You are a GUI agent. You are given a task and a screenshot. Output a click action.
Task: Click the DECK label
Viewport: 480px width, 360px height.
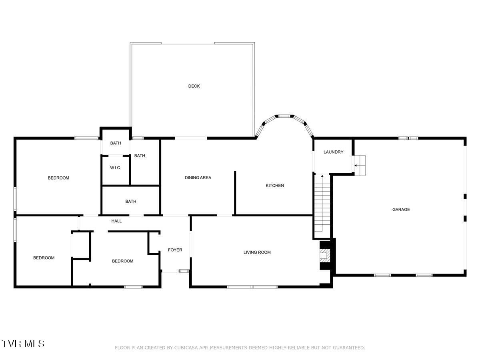tap(194, 86)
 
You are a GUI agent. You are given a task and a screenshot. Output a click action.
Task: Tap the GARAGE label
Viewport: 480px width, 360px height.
tap(401, 210)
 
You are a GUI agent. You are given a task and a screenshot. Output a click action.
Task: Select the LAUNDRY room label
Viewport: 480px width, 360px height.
tap(333, 152)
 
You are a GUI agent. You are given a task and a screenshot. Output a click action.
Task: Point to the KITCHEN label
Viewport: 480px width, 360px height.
tap(275, 186)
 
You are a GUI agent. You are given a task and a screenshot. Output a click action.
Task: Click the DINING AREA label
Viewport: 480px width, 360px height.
tap(198, 178)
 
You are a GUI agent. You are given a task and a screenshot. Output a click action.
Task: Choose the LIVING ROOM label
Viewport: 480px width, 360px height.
tap(257, 252)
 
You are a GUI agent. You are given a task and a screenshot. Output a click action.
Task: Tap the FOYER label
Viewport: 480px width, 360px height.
tap(175, 250)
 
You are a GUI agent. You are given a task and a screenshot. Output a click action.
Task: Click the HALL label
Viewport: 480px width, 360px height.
tap(116, 221)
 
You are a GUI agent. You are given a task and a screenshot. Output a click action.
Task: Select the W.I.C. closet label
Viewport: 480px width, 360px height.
tap(116, 168)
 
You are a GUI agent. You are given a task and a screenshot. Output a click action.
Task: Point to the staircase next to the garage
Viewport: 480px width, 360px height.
tap(322, 204)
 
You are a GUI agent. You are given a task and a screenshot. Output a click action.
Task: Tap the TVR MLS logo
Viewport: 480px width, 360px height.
tap(23, 344)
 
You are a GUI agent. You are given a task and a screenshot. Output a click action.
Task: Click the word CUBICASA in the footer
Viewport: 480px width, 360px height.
tap(185, 348)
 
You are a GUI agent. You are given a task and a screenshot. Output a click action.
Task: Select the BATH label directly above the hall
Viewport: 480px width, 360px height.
tap(131, 202)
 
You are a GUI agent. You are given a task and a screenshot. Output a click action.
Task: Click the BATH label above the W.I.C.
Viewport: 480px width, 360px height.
tap(116, 143)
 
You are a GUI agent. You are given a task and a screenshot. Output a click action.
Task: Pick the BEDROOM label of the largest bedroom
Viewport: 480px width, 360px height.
tap(58, 178)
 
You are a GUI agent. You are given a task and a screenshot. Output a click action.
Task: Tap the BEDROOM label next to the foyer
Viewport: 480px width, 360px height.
tap(122, 261)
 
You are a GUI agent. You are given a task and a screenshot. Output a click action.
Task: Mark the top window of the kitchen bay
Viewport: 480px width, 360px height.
tap(284, 116)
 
